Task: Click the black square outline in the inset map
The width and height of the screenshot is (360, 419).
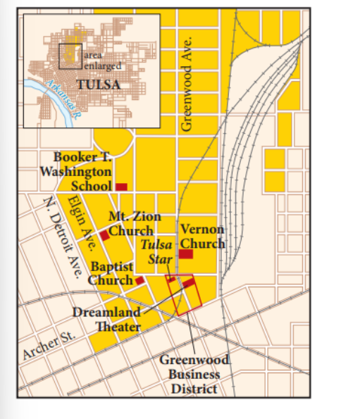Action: tap(70, 56)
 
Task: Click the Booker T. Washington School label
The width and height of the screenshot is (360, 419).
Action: tap(84, 171)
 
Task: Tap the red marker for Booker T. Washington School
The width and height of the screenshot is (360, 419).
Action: tap(121, 187)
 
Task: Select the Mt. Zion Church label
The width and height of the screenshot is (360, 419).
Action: tap(134, 224)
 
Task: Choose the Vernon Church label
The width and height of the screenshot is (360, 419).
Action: tap(202, 237)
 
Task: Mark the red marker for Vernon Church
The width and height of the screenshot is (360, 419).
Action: tap(186, 254)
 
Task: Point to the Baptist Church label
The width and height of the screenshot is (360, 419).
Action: tap(110, 273)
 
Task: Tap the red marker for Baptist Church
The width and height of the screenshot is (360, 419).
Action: tap(139, 280)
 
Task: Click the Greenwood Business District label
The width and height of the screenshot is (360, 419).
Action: tap(193, 373)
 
